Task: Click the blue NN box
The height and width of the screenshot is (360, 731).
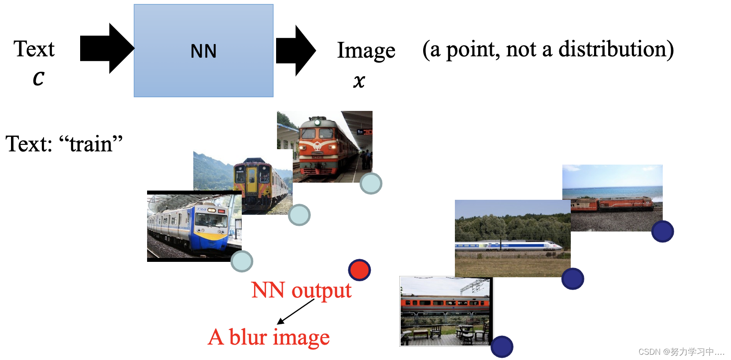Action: [203, 51]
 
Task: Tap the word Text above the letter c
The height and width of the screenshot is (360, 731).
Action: [34, 49]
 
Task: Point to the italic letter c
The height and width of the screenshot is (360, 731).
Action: [39, 78]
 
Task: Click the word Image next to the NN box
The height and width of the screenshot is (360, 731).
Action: [366, 51]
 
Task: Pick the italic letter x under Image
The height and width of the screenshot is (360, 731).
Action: [359, 81]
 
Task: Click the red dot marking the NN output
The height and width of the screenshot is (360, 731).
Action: [359, 270]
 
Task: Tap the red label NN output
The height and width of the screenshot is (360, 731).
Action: [301, 290]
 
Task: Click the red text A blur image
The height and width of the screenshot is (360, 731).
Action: [269, 338]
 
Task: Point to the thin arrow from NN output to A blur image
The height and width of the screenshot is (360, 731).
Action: [295, 312]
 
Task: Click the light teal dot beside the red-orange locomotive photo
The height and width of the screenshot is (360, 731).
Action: [371, 184]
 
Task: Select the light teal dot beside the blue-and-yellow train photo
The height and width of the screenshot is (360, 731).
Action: [242, 261]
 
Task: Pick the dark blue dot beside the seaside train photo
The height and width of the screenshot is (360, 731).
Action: [662, 231]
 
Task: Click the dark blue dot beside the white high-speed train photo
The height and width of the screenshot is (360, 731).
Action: [572, 279]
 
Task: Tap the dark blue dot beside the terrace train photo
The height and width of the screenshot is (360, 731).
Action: [502, 347]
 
